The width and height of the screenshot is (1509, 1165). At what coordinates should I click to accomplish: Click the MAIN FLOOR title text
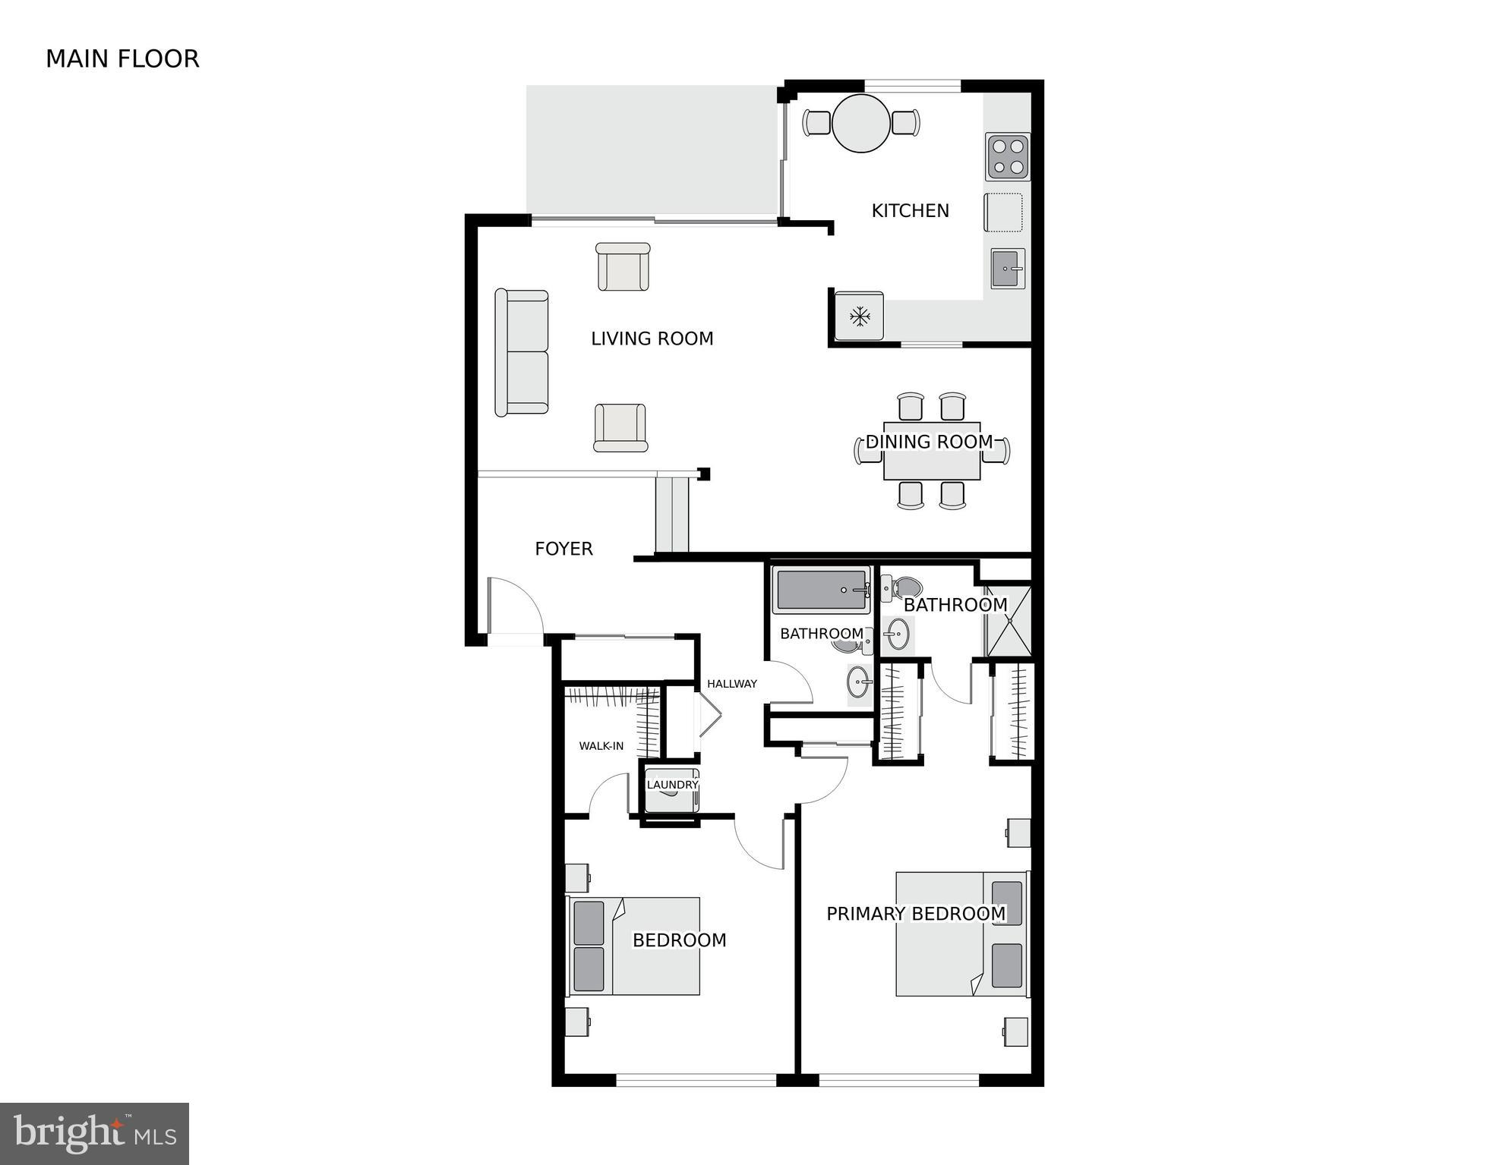click(x=122, y=59)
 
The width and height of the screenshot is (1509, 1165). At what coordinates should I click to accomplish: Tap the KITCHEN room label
click(x=910, y=211)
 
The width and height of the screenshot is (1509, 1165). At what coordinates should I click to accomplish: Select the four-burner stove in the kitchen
click(x=1008, y=157)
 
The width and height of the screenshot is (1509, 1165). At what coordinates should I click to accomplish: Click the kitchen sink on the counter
click(x=1007, y=269)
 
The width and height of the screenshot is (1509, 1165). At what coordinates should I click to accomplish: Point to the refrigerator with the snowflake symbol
click(x=859, y=316)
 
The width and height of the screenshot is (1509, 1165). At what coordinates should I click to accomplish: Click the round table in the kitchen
click(x=860, y=123)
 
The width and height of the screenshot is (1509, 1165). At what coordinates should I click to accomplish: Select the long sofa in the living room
click(x=522, y=352)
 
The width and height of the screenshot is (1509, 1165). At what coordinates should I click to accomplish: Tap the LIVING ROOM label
click(x=652, y=338)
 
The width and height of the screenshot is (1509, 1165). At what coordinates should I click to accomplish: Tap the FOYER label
click(x=564, y=549)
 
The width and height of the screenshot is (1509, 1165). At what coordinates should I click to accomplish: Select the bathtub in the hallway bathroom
click(x=821, y=590)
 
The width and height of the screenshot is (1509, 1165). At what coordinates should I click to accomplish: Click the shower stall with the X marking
click(x=1009, y=621)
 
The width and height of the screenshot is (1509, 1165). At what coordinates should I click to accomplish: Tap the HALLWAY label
click(x=731, y=684)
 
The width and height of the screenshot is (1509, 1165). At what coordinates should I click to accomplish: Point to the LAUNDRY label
click(x=671, y=785)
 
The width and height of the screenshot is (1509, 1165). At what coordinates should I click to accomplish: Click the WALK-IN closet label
click(x=601, y=746)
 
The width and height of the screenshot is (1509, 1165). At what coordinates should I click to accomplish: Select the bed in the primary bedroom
click(x=961, y=934)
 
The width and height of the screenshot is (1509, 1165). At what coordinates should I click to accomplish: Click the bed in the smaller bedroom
click(x=634, y=946)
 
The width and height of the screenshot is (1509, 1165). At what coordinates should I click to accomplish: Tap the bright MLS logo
click(x=94, y=1134)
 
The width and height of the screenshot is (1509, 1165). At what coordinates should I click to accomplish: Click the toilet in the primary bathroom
click(x=902, y=587)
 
